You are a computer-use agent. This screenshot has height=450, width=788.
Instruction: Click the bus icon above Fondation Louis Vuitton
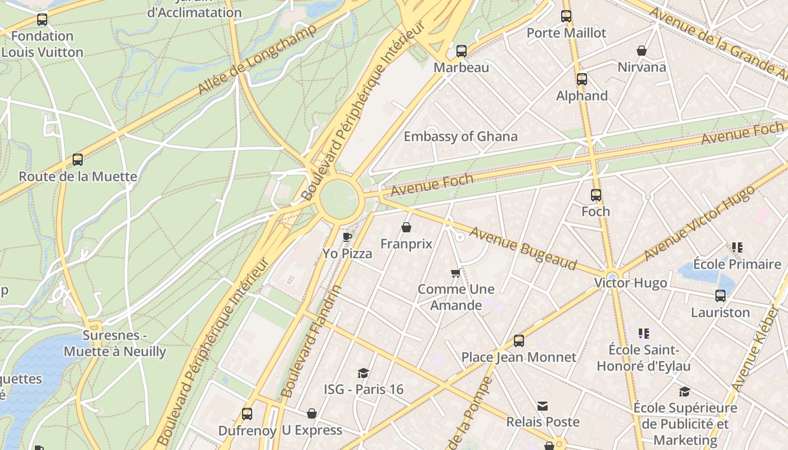42,20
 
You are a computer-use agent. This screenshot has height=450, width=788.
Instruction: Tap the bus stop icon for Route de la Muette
78,160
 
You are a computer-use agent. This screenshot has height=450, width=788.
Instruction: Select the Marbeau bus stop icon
462,51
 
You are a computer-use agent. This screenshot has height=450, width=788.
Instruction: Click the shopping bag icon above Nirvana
642,51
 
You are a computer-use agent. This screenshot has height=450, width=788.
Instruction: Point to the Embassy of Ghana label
460,136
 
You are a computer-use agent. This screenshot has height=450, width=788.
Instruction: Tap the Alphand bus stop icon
582,79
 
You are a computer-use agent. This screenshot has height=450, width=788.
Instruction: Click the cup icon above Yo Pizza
347,237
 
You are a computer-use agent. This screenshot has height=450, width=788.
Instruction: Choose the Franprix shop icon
406,227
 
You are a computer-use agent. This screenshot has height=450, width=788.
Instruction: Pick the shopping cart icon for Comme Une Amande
456,273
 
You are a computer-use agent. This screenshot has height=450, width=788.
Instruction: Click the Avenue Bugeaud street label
523,248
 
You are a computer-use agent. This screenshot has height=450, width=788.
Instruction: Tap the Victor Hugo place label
630,283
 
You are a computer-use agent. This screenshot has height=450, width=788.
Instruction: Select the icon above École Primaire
737,247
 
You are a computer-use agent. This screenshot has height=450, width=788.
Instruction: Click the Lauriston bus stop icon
720,296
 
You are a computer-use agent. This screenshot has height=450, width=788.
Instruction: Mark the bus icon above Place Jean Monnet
519,341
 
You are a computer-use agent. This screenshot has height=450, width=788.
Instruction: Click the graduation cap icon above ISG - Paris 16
364,373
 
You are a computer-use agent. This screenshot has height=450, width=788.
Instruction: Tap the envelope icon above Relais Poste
543,406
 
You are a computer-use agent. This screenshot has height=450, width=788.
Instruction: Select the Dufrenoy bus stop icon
247,414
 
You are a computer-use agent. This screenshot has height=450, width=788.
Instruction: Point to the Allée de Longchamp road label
249,59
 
